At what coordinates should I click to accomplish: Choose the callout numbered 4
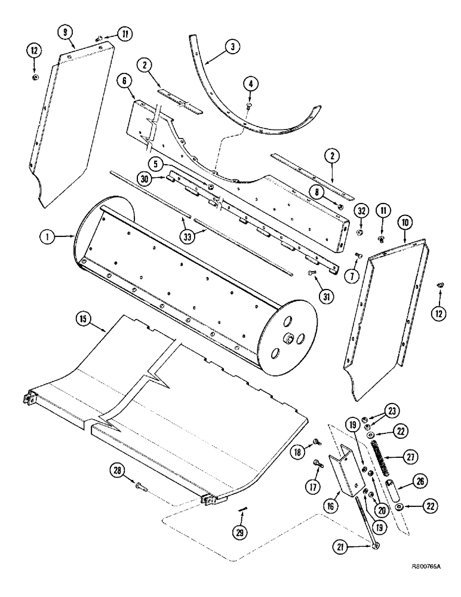(249, 84)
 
